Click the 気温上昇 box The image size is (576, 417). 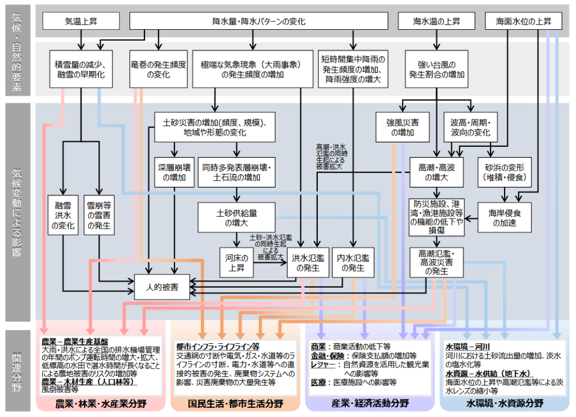point(81,21)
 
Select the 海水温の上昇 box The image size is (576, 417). point(437,21)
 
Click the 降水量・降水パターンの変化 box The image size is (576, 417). point(259,21)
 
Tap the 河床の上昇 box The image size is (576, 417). point(236,262)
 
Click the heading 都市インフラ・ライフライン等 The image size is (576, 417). point(218,346)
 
